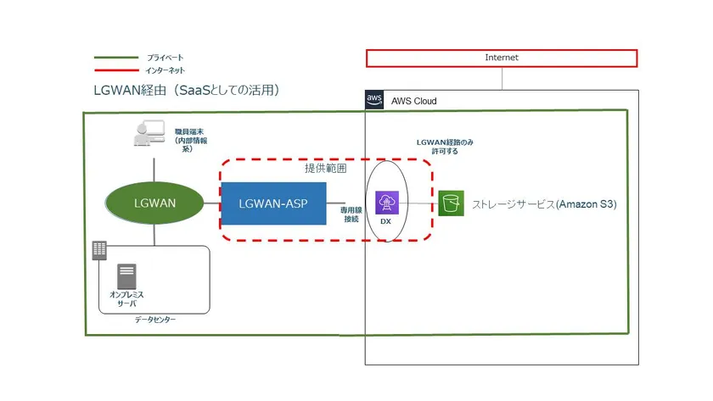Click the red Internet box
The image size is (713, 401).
click(501, 58)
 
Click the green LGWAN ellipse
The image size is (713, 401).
click(154, 203)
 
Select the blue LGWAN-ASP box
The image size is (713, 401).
click(275, 203)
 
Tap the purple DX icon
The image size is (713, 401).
click(387, 203)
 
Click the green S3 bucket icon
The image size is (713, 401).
click(452, 203)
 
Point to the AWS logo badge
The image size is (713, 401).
click(375, 100)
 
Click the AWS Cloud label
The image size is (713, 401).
click(413, 101)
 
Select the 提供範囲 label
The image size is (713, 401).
click(325, 169)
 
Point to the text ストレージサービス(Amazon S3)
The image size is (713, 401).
click(544, 204)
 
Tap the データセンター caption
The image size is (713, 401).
click(155, 320)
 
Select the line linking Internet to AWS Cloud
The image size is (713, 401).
click(502, 78)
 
